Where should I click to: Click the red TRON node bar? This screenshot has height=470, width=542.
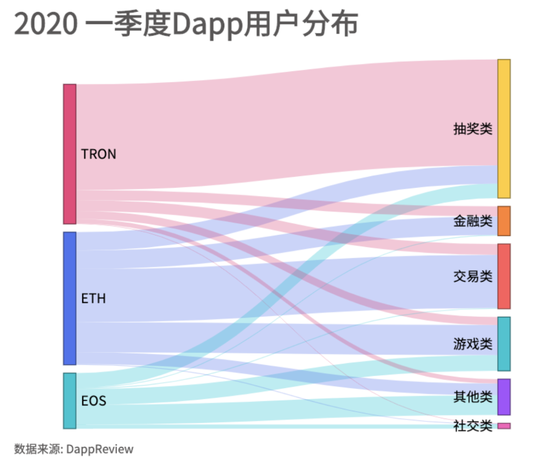tap(69, 154)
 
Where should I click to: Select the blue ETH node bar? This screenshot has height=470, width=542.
tap(69, 298)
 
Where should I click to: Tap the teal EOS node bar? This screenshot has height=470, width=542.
tap(69, 401)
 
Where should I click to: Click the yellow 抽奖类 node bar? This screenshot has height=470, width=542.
tap(504, 129)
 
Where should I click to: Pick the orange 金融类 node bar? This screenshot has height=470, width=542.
tap(504, 221)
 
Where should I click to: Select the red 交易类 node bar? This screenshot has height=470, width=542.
tap(504, 276)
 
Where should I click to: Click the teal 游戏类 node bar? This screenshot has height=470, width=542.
tap(504, 344)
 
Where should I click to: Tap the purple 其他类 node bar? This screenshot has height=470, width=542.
tap(504, 397)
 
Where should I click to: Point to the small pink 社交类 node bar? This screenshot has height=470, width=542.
tap(504, 426)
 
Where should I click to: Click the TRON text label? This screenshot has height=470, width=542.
tap(99, 154)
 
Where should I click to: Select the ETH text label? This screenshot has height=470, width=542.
tap(93, 299)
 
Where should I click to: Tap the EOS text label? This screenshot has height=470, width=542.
tap(93, 401)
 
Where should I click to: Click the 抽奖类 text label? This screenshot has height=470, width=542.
tap(472, 129)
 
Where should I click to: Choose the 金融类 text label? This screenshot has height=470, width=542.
tap(472, 221)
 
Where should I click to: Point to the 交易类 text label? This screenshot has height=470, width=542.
tap(472, 276)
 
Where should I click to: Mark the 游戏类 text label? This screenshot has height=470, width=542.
tap(472, 344)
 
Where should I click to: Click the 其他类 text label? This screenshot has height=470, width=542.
tap(472, 397)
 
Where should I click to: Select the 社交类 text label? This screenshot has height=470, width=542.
tap(472, 426)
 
